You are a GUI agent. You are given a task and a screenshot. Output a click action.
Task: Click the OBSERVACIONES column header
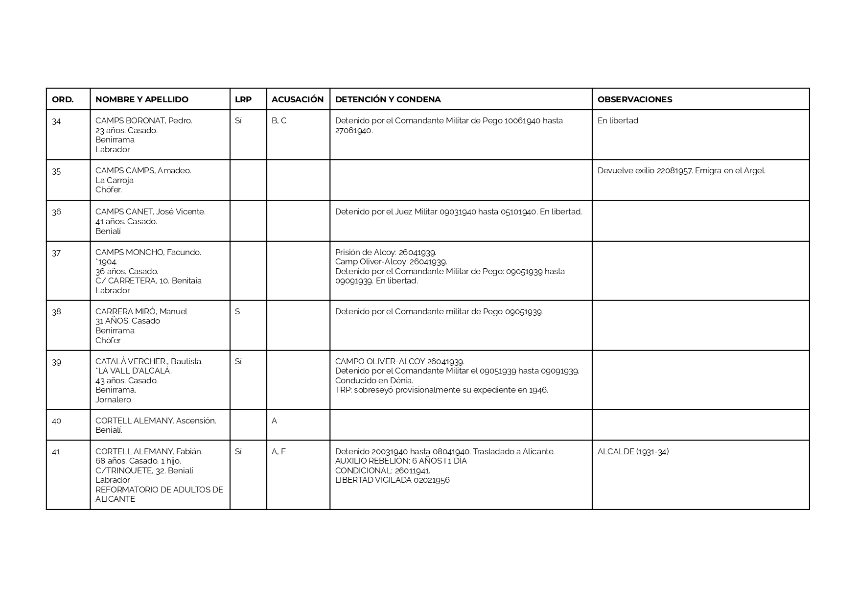634,99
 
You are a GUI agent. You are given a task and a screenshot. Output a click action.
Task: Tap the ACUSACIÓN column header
297,99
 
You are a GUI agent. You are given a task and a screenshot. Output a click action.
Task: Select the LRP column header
243,99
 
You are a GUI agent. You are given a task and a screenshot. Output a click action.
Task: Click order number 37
56,253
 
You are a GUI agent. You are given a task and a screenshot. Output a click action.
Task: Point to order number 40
56,421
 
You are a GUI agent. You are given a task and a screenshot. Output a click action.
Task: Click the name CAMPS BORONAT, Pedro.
143,121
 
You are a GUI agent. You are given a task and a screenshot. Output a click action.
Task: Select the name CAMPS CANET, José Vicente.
150,212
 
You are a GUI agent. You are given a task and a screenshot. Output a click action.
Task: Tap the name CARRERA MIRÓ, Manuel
141,312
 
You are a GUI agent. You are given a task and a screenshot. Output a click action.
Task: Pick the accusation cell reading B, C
279,121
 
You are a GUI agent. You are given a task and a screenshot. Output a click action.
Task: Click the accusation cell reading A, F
279,451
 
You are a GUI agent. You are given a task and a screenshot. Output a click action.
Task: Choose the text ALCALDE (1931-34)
633,451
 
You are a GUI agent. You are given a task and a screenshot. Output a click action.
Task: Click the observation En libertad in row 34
618,121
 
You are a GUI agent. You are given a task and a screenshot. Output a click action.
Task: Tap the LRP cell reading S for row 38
237,312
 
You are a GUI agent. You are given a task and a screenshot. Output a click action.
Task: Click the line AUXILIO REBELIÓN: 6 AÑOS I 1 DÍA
401,461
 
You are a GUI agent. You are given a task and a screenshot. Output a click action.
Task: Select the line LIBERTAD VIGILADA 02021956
392,480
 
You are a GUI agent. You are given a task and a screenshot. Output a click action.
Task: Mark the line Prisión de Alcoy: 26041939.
385,253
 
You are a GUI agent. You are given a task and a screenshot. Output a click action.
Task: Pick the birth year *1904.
106,262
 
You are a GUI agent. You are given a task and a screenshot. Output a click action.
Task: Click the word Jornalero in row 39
113,399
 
